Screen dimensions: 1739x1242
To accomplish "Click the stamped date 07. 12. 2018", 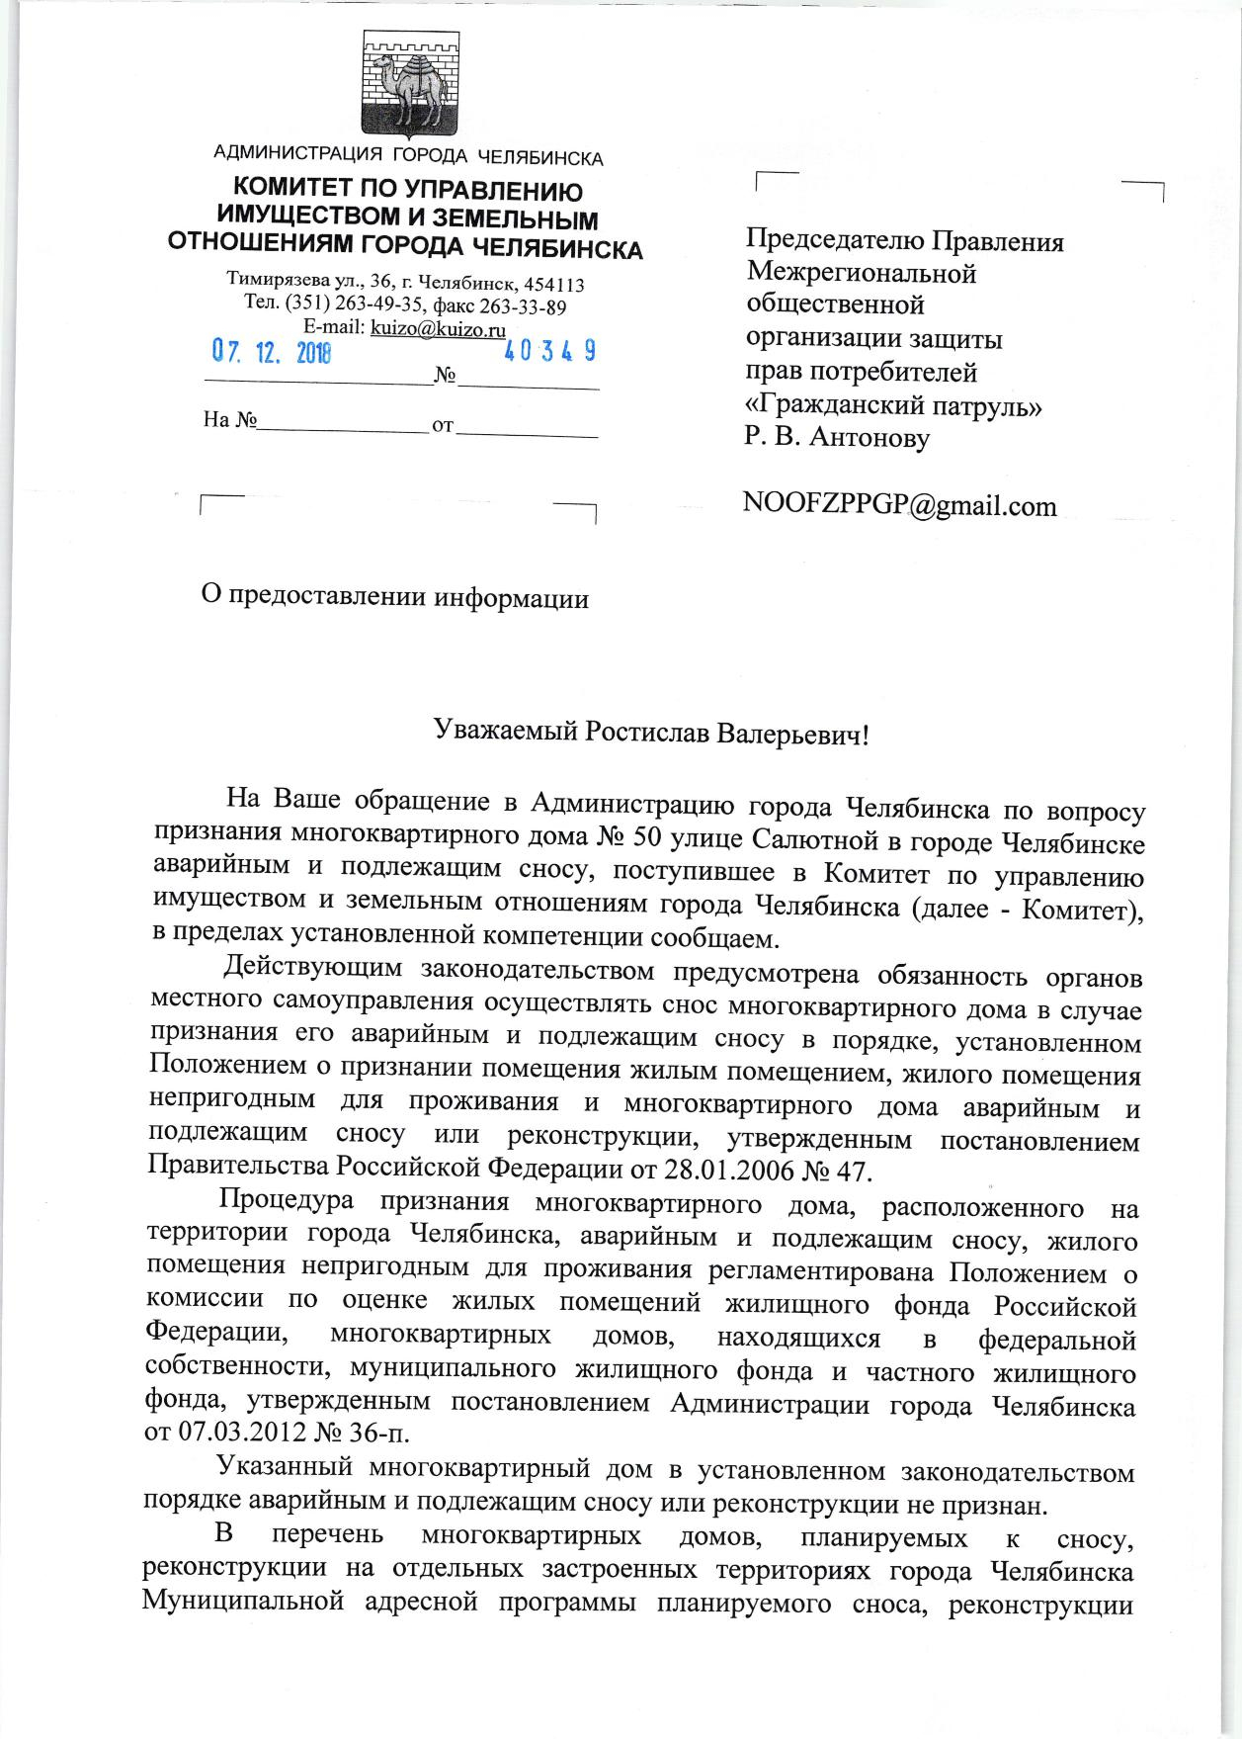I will point(272,351).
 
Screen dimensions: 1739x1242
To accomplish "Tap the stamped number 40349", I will point(549,351).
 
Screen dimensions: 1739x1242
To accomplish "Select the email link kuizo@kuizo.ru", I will point(438,328).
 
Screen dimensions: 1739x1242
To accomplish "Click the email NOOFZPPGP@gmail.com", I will point(899,506).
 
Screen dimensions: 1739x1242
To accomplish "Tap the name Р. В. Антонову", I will point(837,437).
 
